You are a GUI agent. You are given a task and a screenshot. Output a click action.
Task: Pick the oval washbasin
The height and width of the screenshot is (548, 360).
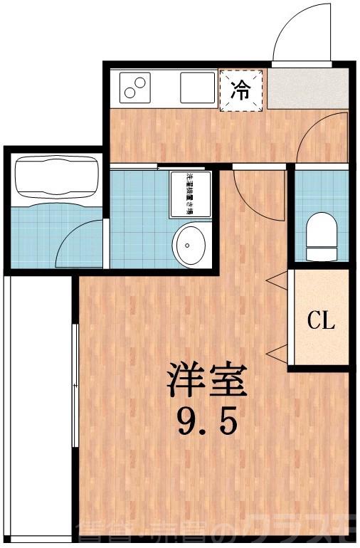(x=191, y=243)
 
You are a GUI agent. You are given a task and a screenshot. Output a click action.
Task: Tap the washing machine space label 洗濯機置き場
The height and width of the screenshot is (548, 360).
(x=191, y=193)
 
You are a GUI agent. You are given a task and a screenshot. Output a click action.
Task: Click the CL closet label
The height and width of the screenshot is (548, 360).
(x=321, y=321)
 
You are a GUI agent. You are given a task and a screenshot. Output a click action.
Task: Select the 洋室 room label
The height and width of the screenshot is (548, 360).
(x=207, y=381)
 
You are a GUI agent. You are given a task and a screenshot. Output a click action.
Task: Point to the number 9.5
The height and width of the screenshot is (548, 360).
(x=207, y=424)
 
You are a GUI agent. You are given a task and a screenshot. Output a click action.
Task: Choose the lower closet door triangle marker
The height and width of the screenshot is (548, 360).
(x=277, y=352)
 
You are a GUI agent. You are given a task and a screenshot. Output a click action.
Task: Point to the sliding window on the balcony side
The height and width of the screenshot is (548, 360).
(x=75, y=384)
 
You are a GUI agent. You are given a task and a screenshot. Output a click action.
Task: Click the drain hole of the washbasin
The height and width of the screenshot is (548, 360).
(x=188, y=244)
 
